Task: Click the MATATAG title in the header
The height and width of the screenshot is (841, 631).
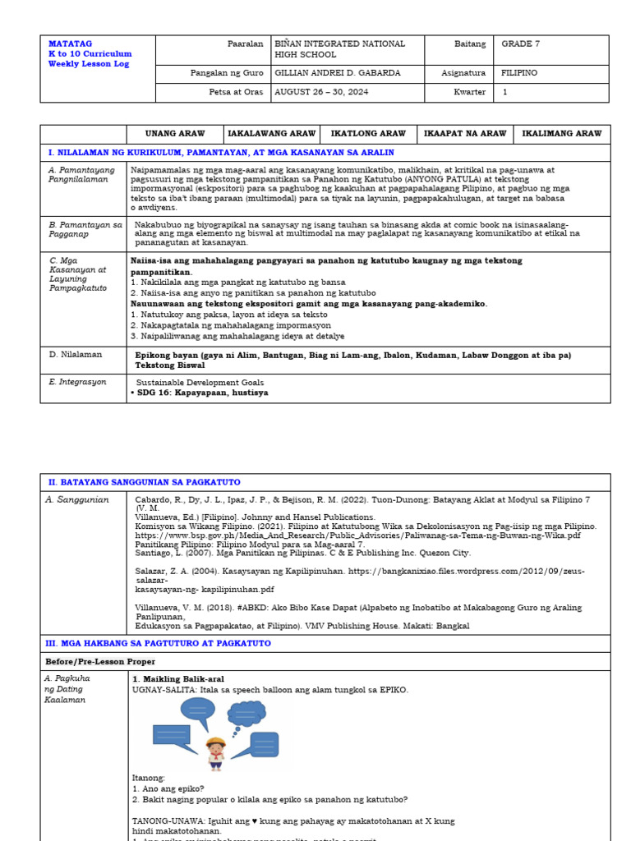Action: click(70, 44)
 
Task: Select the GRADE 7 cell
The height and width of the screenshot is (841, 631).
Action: click(520, 44)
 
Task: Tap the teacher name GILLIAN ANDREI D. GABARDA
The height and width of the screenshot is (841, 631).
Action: click(338, 73)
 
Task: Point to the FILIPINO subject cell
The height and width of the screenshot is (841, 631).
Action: click(519, 73)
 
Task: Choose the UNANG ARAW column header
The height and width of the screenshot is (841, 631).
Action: click(174, 133)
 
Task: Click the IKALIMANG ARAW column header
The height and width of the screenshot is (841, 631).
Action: click(562, 133)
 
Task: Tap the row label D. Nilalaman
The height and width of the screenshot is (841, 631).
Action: click(76, 354)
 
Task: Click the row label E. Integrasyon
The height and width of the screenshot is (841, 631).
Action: click(77, 382)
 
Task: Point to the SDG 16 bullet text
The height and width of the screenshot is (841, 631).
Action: click(199, 393)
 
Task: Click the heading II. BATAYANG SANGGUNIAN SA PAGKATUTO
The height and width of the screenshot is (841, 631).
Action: click(144, 482)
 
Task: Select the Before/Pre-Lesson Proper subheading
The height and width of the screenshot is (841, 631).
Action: click(99, 661)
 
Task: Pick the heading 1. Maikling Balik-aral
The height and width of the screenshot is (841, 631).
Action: click(177, 679)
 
